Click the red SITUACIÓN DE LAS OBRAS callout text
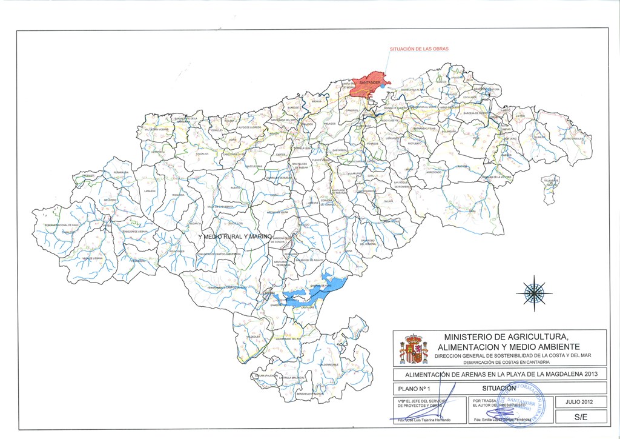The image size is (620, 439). pos(418,49)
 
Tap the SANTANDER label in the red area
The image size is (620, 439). pos(369,82)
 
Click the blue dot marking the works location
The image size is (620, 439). pos(384,86)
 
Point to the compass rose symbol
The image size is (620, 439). pos(533,293)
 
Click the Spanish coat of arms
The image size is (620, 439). pos(414,349)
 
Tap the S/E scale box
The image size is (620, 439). pos(581,418)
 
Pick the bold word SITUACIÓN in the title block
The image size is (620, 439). pos(499,387)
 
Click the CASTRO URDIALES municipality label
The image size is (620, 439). pos(572,139)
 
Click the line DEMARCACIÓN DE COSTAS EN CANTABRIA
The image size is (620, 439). pos(507,362)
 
